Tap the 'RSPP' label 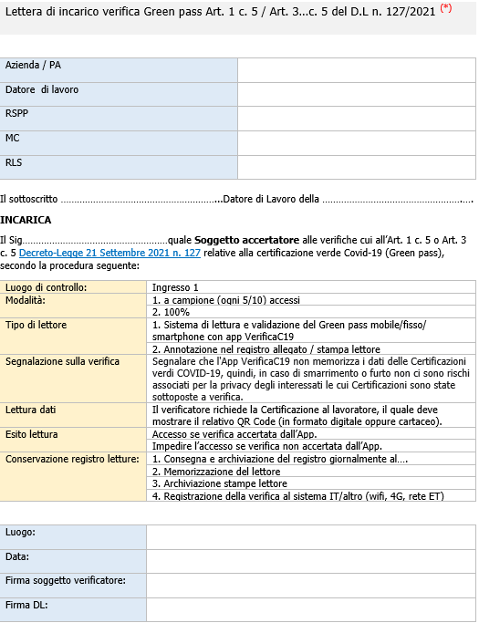point(18,114)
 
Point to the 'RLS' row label point(15,162)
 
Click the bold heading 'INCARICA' point(26,220)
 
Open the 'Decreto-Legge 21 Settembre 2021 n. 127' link point(109,252)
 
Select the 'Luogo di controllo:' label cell point(47,287)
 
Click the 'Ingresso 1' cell point(175,287)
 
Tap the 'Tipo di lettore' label point(36,325)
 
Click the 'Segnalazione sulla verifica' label point(63,361)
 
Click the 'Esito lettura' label point(33,434)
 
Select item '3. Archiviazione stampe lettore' point(219,483)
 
